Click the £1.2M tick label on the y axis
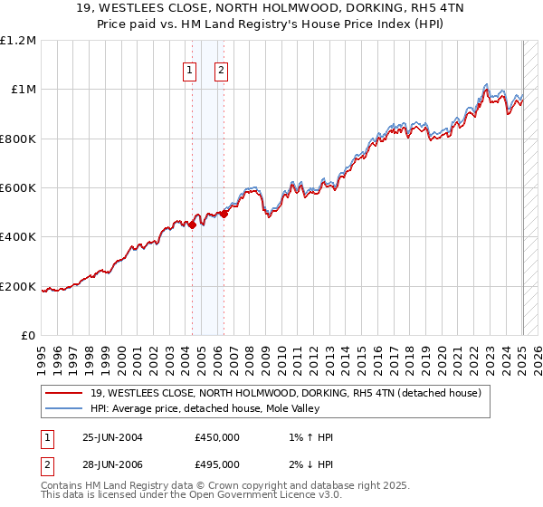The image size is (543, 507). [19, 41]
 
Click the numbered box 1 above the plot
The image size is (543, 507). [190, 71]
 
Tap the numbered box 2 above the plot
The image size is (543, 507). [221, 71]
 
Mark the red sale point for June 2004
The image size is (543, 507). [193, 225]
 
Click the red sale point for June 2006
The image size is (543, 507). [224, 215]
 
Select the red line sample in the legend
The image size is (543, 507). [64, 394]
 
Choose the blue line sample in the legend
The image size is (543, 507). [64, 408]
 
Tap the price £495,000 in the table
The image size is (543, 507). [217, 465]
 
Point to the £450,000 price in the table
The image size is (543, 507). [217, 437]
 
